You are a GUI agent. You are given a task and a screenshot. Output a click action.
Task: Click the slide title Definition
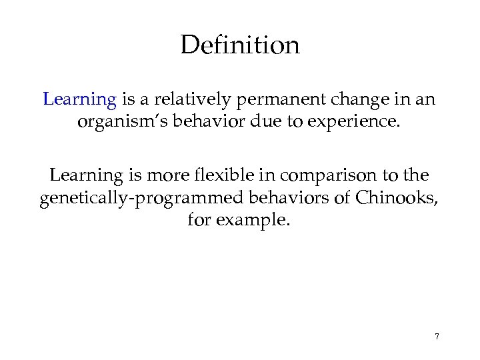pos(240,46)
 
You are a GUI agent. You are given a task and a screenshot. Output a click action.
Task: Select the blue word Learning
pos(79,100)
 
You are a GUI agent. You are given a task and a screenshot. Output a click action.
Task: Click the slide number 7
pos(437,337)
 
